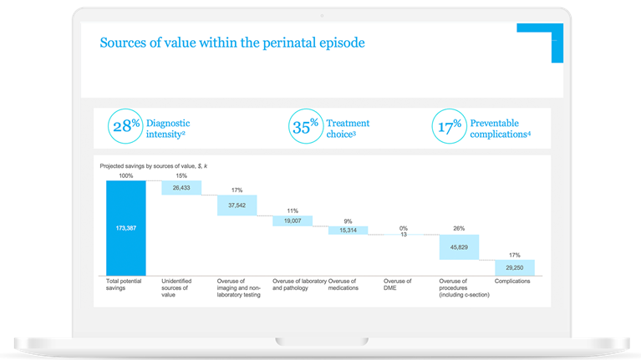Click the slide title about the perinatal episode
click(x=232, y=43)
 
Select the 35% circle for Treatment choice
click(x=305, y=128)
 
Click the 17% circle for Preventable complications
click(x=448, y=128)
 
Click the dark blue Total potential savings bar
click(x=126, y=227)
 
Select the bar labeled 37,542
click(x=237, y=205)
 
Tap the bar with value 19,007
click(x=292, y=221)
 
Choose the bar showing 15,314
click(x=348, y=230)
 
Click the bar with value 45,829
click(x=459, y=246)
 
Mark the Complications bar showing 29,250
click(x=514, y=267)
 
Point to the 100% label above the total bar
click(x=126, y=175)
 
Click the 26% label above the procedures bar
click(x=459, y=228)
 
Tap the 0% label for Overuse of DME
click(x=403, y=227)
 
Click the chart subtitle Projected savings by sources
click(x=153, y=166)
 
